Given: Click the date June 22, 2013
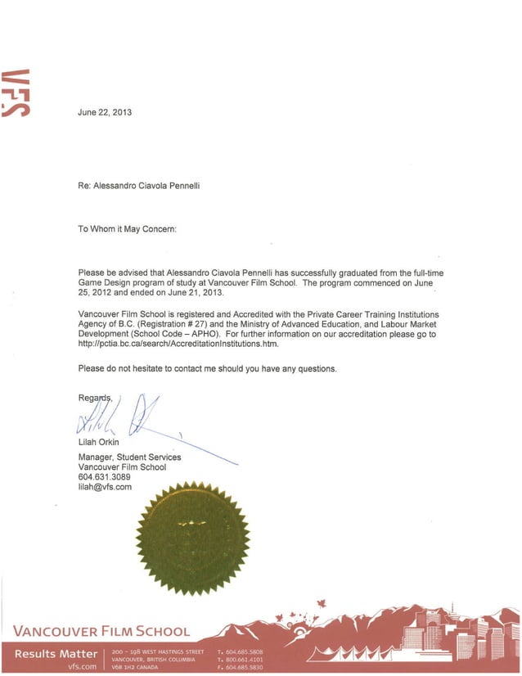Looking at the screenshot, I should pos(105,111).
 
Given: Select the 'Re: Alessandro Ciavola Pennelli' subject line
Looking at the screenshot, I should pos(139,186).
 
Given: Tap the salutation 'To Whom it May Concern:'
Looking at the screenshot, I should pos(127,229).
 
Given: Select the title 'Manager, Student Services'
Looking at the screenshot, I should pos(129,457).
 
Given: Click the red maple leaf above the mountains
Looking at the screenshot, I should pos(321,605).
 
